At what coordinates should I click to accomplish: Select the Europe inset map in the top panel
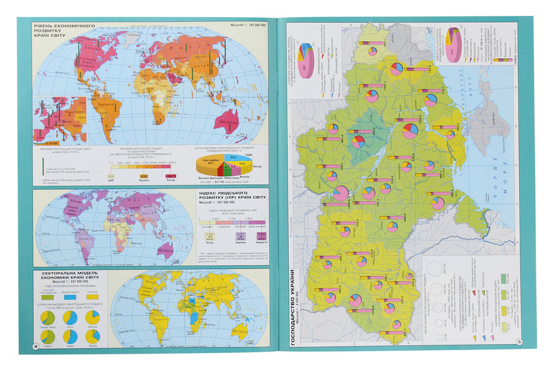point(60,119)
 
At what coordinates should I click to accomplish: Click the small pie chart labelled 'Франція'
point(92,318)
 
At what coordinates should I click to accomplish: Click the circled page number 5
point(518,342)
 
